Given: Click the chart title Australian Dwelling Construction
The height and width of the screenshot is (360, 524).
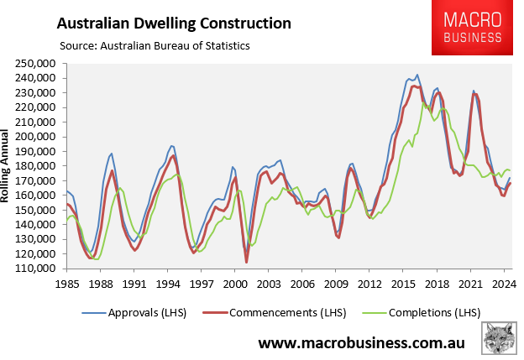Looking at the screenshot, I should coord(174,23).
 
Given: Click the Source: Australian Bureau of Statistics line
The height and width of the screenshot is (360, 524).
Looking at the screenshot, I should coord(154,44).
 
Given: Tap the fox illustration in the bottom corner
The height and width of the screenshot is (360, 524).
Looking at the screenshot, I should coord(500,338).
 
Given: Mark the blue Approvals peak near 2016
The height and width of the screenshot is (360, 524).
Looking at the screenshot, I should coord(417,75).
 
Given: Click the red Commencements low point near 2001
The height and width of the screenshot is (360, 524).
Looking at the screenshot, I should coord(247,262).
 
